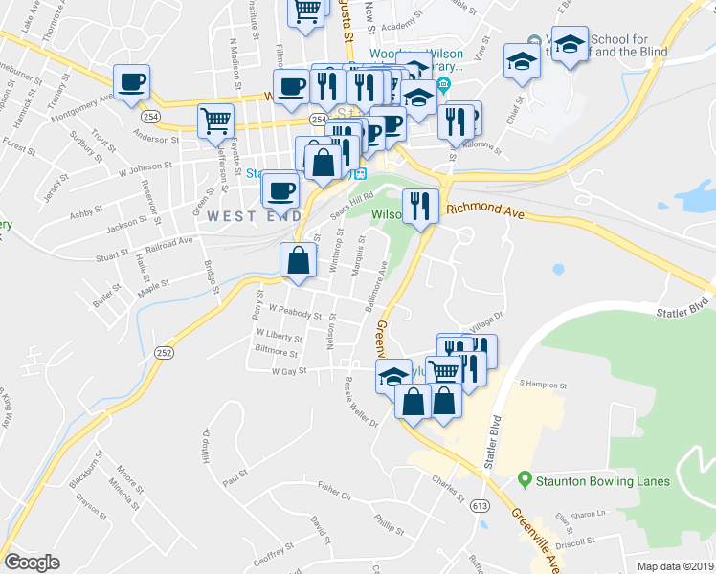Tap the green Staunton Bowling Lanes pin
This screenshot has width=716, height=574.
tap(525, 480)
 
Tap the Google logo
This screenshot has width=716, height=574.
tap(33, 563)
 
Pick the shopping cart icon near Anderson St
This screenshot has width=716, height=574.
tap(216, 121)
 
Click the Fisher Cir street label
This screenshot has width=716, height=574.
tap(335, 493)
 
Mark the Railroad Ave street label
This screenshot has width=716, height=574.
tap(170, 245)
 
